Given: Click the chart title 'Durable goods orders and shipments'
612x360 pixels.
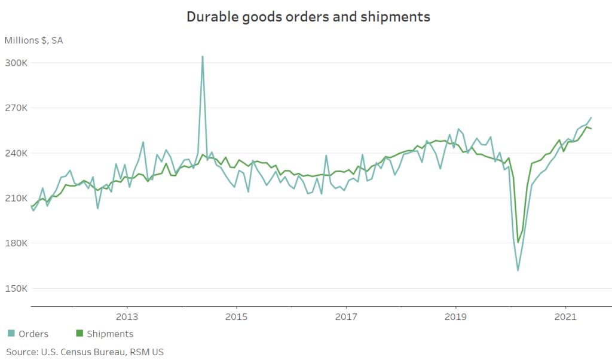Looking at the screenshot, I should pos(308,17).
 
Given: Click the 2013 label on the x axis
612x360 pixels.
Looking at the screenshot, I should pos(127,316).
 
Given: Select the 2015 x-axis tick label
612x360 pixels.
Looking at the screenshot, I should pos(236,316).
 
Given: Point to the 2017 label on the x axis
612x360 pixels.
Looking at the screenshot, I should pos(346,316).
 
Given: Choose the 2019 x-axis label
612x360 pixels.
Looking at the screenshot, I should pos(456,316).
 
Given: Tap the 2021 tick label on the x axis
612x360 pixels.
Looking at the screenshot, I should pos(565,316).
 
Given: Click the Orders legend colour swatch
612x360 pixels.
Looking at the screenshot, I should pos(11,334).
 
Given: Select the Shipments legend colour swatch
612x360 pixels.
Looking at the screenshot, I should pos(79,334).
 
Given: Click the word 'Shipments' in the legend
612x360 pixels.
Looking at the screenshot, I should pos(110,334).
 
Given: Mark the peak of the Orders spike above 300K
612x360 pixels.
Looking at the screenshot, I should pos(203,57).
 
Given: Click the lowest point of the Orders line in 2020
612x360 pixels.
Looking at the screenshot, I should pos(518,270).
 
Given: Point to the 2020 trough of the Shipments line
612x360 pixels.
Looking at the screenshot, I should pos(518,242).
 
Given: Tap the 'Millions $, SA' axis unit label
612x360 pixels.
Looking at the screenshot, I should pos(33,41).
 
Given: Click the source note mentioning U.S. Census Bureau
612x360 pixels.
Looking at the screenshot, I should pos(84,352).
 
